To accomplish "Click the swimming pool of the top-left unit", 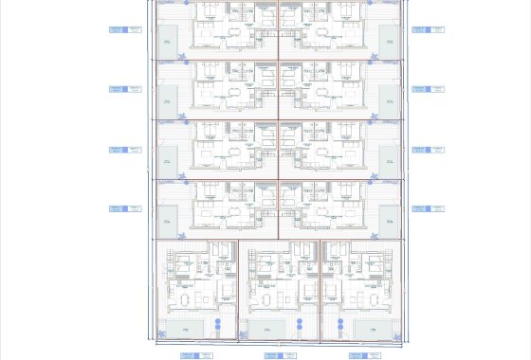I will [x=167, y=42].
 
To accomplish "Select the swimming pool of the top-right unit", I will [x=388, y=42].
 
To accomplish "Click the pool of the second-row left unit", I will [x=167, y=101].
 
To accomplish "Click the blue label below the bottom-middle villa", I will [x=273, y=355].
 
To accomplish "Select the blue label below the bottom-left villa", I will [x=190, y=355].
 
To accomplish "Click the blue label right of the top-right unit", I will [x=420, y=29].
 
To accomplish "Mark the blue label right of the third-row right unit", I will [x=420, y=149].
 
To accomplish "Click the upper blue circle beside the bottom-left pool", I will [x=218, y=322].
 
